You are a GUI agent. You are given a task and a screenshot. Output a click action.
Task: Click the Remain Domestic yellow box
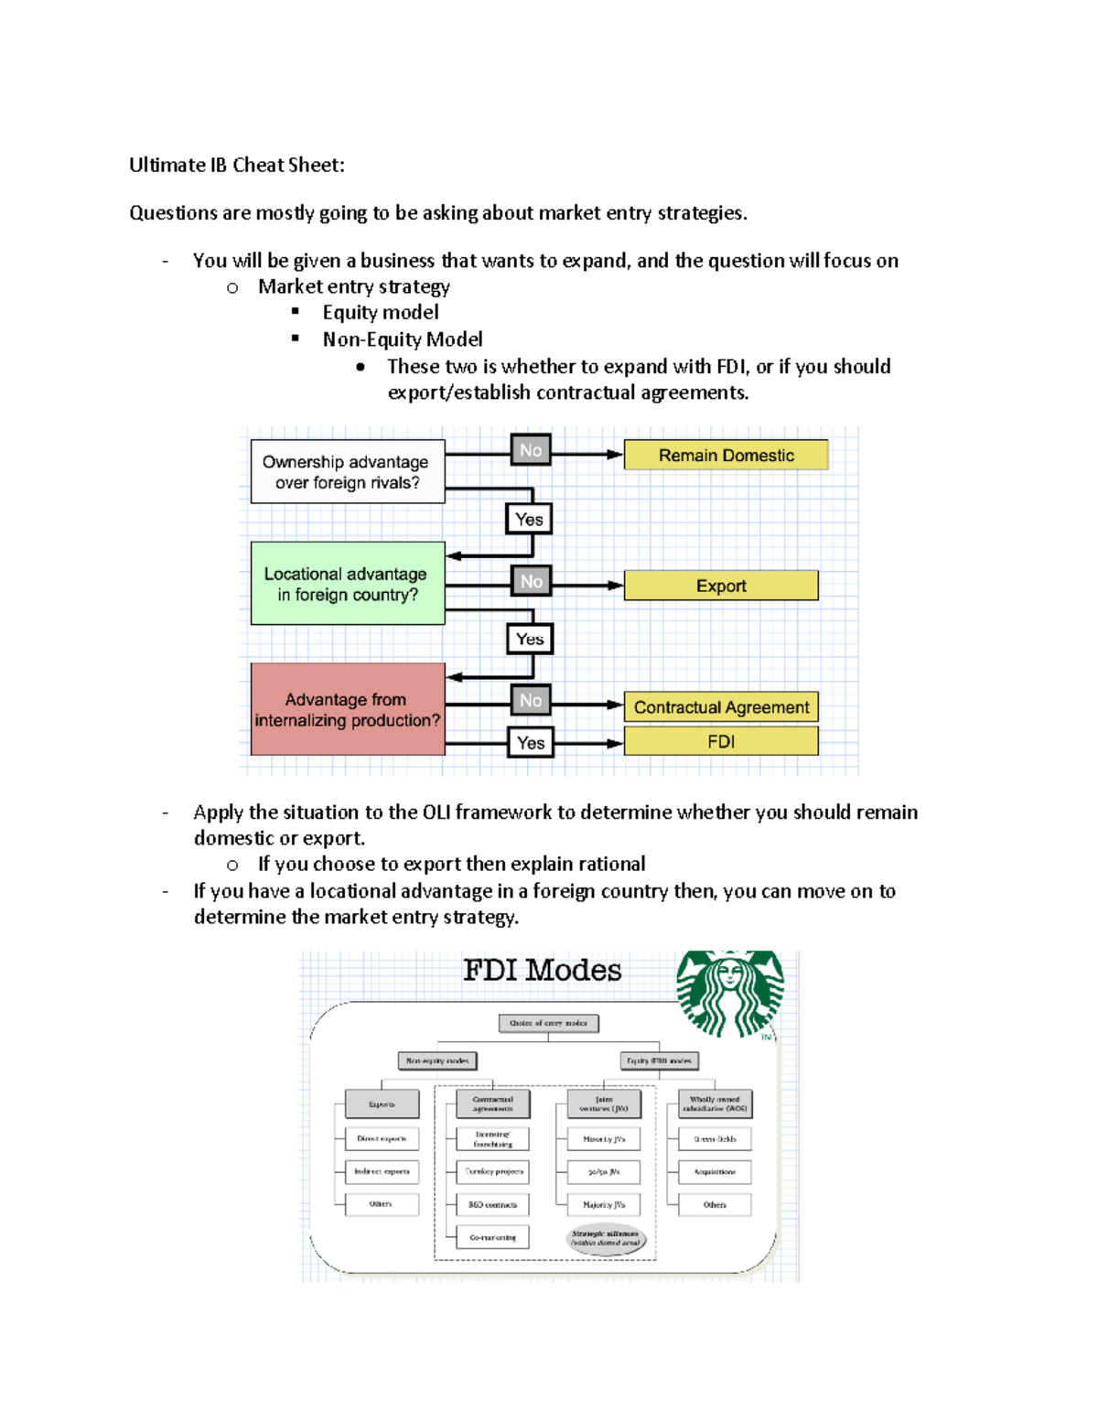[x=726, y=455]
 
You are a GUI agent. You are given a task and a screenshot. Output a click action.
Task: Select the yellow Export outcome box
[x=721, y=586]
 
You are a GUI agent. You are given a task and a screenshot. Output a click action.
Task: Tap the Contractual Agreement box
[x=721, y=707]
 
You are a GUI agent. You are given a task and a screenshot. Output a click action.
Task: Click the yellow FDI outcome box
[x=721, y=741]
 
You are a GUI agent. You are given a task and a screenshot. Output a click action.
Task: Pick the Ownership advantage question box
[x=347, y=472]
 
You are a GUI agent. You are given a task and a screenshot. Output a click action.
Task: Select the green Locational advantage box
[x=347, y=584]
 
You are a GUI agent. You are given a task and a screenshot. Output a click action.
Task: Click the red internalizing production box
[x=347, y=710]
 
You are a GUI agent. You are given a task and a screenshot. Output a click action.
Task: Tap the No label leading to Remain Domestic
[x=531, y=450]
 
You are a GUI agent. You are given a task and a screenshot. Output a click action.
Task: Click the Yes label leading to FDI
[x=531, y=743]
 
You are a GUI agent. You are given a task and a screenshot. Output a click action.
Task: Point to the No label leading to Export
[x=532, y=581]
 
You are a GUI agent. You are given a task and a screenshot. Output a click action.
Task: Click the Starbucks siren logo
[x=729, y=993]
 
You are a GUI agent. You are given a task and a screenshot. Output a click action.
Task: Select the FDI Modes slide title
[x=542, y=970]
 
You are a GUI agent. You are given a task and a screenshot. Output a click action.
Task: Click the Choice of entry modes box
[x=548, y=1023]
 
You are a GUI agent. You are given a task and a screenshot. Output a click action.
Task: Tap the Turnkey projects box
[x=493, y=1171]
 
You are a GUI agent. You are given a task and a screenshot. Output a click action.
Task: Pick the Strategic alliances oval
[x=605, y=1238]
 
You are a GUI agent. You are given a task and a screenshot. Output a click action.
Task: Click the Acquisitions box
[x=715, y=1171]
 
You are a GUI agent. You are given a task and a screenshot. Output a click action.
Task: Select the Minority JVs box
[x=604, y=1139]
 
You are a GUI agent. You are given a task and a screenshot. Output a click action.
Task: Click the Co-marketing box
[x=493, y=1237]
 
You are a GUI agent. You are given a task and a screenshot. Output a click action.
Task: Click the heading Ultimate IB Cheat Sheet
[x=236, y=165]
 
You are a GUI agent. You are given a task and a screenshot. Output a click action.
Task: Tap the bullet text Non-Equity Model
[x=402, y=339]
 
